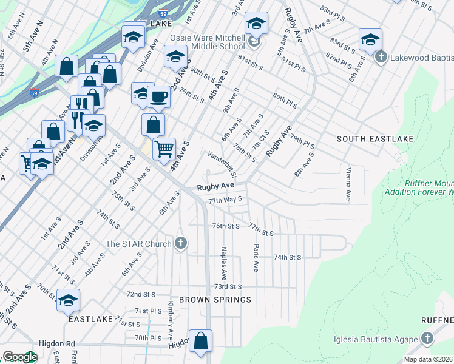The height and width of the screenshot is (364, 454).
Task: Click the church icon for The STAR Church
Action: pyautogui.click(x=180, y=244)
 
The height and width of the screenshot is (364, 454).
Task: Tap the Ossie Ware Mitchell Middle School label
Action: pyautogui.click(x=208, y=42)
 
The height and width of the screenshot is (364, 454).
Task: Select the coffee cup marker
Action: pyautogui.click(x=158, y=96)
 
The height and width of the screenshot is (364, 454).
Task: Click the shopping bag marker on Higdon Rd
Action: pyautogui.click(x=200, y=342)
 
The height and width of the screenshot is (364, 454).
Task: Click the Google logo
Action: pyautogui.click(x=20, y=357)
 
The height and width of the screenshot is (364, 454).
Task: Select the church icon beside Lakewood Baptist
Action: pyautogui.click(x=381, y=58)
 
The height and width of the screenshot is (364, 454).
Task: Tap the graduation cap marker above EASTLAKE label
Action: pyautogui.click(x=69, y=300)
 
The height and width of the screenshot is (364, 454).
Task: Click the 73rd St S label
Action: pyautogui.click(x=228, y=286)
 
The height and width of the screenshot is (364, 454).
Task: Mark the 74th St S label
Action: pyautogui.click(x=287, y=257)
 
